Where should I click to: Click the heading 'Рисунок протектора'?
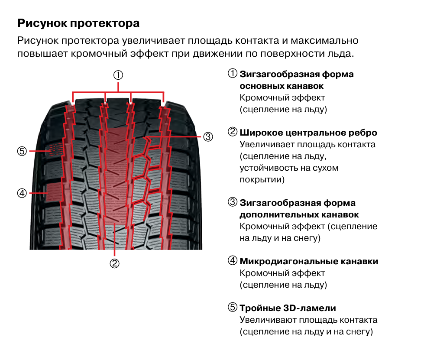point(78,23)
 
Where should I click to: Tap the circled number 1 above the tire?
point(118,75)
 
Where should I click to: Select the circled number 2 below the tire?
point(114,263)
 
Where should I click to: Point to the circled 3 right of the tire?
point(208,136)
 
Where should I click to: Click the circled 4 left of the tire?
point(22,193)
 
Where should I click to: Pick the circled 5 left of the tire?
point(22,151)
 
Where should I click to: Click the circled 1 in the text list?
point(233,73)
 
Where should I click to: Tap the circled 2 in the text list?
point(233,132)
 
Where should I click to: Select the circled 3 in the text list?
point(233,202)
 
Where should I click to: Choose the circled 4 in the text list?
point(233,260)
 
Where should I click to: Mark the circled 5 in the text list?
point(233,307)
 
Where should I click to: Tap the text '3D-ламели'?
point(310,308)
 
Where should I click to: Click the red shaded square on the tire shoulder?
point(54,192)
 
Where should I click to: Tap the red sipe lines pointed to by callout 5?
point(56,149)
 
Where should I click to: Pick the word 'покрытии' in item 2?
point(262,180)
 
